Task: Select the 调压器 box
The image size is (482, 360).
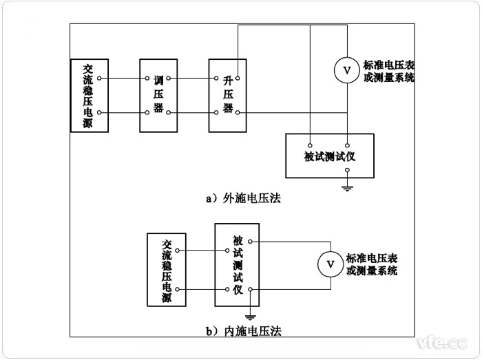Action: [159, 95]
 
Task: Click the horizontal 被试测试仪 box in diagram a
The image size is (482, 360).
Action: [329, 156]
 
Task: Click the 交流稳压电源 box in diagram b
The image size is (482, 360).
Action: [166, 269]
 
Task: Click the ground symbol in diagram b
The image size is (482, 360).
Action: [251, 317]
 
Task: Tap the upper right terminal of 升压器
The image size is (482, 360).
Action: [237, 78]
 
